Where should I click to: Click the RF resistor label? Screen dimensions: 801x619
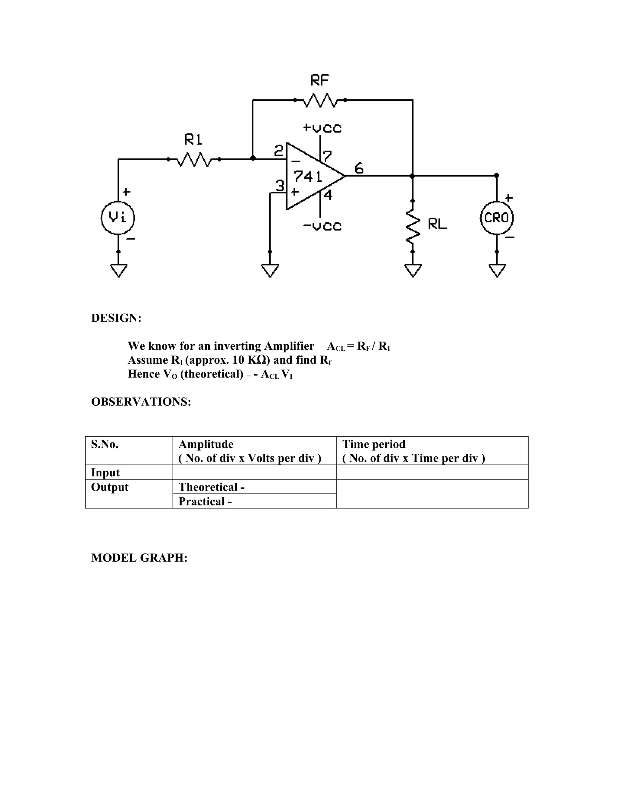pos(319,80)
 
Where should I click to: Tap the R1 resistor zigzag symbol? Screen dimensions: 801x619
pos(194,159)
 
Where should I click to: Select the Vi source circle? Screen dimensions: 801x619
pos(118,218)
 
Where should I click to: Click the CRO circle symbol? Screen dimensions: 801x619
pos(497,218)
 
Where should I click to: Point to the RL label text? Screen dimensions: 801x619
pos(437,224)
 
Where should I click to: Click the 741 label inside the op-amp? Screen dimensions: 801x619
pos(307,177)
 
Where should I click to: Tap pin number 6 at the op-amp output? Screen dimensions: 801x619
pos(359,168)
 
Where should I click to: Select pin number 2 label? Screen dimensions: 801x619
pos(279,151)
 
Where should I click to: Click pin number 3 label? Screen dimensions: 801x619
pos(280,186)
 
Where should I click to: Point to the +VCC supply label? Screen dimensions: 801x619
pos(322,128)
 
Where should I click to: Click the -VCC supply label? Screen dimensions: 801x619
pos(322,226)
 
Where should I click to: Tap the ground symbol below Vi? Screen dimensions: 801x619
pos(118,270)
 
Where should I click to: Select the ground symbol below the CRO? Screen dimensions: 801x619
pos(497,270)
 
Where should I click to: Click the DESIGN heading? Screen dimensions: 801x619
pos(116,318)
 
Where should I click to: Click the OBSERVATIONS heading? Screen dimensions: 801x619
pos(141,402)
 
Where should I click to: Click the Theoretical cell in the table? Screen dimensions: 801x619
pos(211,487)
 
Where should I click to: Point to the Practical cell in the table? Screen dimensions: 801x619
pos(205,501)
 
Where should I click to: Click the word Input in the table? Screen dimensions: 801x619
pos(105,473)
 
